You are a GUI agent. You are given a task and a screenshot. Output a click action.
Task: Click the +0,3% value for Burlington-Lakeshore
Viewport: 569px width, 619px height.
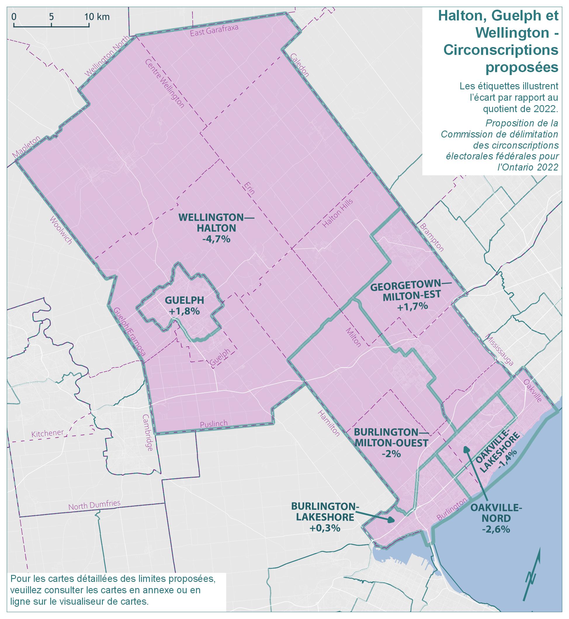point(325,528)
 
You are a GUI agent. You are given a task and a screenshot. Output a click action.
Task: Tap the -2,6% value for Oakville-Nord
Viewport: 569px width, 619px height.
point(496,529)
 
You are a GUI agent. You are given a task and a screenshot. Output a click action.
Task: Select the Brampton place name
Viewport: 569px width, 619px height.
point(432,237)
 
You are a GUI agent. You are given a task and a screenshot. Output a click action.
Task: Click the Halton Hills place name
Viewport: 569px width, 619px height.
point(337,213)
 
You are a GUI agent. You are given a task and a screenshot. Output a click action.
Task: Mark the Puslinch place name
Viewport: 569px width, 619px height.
point(214,424)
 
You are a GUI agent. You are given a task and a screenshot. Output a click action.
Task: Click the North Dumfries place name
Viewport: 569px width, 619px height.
point(94,505)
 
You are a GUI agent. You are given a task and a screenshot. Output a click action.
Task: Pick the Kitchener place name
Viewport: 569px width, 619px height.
point(47,433)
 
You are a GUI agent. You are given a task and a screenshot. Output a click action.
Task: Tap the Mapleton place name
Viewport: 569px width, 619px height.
point(27,147)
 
